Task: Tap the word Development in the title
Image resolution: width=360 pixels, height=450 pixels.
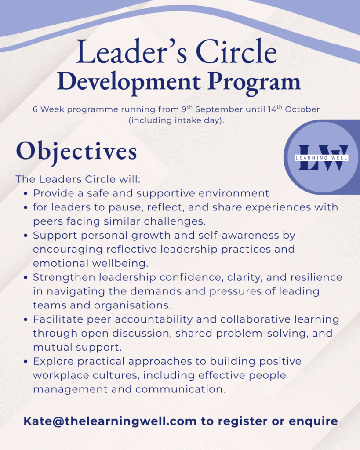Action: (129, 83)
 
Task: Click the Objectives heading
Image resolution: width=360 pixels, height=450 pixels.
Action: (76, 152)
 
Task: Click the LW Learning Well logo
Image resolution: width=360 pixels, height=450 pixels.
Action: (322, 157)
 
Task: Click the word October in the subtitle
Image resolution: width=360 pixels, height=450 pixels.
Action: (302, 109)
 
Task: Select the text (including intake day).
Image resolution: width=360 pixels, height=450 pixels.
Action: (176, 120)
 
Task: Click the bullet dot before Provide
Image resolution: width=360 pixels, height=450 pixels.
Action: (26, 194)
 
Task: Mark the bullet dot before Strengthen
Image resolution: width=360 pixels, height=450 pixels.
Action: (26, 278)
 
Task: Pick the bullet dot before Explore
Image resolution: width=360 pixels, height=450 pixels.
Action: (26, 362)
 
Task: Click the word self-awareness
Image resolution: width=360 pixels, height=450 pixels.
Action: (239, 236)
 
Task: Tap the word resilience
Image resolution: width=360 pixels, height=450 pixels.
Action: (316, 277)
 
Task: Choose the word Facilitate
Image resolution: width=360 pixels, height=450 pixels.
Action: (58, 319)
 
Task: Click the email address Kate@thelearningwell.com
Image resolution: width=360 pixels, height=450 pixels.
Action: (110, 421)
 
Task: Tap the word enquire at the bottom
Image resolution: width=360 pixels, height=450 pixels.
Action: (313, 421)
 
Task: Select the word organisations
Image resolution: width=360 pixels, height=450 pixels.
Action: (132, 305)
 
